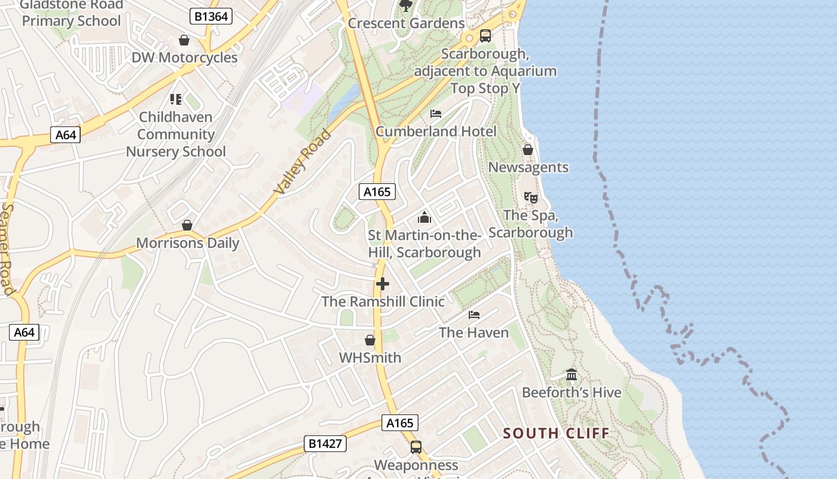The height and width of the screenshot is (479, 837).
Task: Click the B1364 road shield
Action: point(211,16)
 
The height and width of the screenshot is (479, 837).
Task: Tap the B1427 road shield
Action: point(325,444)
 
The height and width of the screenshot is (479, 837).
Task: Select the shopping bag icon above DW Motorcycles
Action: point(184,40)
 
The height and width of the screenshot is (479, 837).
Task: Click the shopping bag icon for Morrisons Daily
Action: point(187,225)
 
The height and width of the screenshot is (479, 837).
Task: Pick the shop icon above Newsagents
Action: point(527,150)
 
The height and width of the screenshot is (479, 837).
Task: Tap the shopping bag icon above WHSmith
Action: point(370,340)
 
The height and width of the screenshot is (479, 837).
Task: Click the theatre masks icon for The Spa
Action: point(530,197)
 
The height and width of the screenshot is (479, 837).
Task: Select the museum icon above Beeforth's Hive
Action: point(572,375)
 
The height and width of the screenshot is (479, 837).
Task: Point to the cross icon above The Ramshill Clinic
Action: point(383,284)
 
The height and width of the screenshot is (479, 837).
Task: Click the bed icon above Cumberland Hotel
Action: point(436,114)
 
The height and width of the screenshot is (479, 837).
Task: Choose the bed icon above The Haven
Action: point(474,314)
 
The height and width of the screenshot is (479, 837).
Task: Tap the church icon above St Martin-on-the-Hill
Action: point(424,217)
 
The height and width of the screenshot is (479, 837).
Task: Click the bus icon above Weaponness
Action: point(416,447)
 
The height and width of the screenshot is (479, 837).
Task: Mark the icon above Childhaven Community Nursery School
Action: point(175,99)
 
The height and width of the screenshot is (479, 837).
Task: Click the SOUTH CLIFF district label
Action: point(556,433)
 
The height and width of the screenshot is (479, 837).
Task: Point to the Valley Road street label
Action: point(303,161)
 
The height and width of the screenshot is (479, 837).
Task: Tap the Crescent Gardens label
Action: point(406,23)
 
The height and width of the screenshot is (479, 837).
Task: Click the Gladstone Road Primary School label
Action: point(72,13)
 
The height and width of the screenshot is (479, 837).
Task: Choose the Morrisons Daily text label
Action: point(188,243)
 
